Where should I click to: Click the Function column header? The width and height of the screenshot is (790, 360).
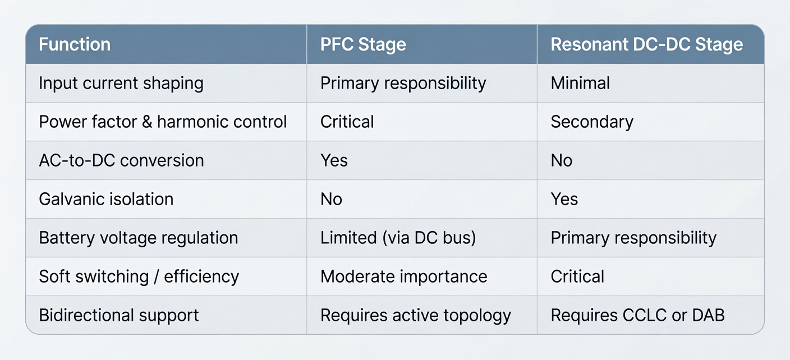(x=75, y=44)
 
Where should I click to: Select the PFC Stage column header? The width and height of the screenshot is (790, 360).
(x=363, y=45)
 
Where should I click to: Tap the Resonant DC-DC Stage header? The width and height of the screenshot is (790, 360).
(x=647, y=45)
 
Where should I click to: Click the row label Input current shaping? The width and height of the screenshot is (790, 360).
(x=121, y=84)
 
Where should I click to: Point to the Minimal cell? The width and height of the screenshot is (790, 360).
(x=580, y=83)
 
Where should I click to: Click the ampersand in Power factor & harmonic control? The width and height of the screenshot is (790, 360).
(x=146, y=122)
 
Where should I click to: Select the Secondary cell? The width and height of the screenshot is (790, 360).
(x=592, y=122)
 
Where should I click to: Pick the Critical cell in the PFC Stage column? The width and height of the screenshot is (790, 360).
(x=347, y=122)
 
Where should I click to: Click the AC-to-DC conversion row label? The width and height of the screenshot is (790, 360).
(x=121, y=160)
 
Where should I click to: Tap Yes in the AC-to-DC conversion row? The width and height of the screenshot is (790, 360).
(x=334, y=160)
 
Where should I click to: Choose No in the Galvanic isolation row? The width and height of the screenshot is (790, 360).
(x=331, y=199)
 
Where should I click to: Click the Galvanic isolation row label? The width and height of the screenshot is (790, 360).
(x=106, y=199)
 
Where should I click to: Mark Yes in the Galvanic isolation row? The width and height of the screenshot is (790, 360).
(x=564, y=199)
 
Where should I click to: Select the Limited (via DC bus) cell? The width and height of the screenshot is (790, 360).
(x=398, y=238)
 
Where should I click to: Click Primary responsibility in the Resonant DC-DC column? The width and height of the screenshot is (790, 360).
(x=633, y=238)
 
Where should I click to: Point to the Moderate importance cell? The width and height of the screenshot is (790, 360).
(x=403, y=276)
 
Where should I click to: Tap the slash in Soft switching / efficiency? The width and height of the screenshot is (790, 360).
(x=156, y=277)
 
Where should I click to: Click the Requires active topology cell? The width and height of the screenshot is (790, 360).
(x=415, y=316)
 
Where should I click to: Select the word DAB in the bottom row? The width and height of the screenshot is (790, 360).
(x=708, y=315)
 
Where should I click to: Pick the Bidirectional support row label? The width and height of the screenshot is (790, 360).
(x=118, y=316)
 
